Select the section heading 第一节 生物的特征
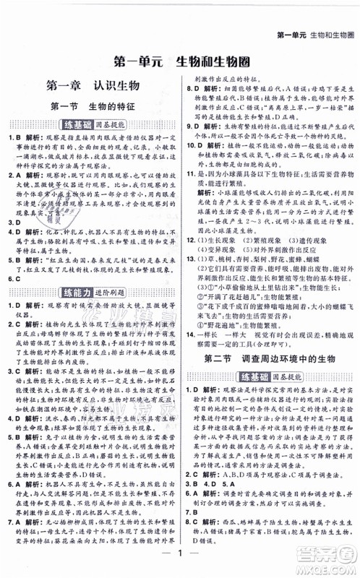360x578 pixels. [x=92, y=107]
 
